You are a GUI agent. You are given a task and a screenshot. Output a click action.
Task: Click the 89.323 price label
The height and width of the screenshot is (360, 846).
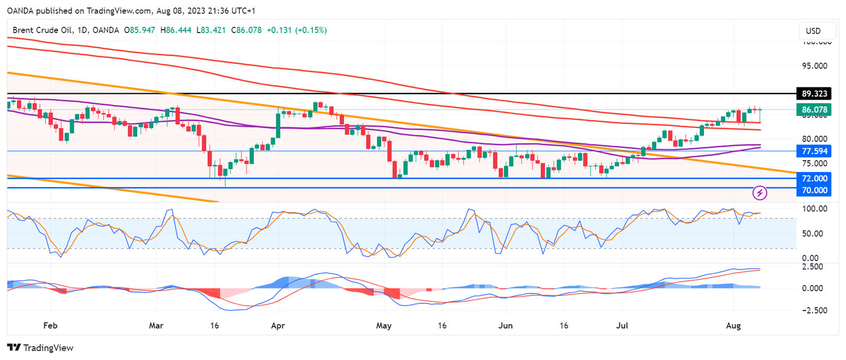(814, 94)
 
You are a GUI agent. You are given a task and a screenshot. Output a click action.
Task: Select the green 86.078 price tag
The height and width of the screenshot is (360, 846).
(814, 110)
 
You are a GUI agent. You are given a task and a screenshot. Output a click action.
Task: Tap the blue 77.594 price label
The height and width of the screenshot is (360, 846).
(814, 151)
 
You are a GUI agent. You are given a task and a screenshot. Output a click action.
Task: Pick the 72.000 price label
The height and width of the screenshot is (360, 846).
(814, 179)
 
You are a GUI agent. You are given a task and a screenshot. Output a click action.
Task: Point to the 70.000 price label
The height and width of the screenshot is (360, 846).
(814, 190)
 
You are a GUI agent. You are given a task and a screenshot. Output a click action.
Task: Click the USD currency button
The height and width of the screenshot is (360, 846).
(813, 31)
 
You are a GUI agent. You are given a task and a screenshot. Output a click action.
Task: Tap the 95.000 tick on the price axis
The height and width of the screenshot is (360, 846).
(813, 65)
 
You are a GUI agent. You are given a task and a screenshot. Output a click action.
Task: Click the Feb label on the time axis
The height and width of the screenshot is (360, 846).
(50, 326)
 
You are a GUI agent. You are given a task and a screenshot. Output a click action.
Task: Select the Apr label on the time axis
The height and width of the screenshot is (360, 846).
(278, 326)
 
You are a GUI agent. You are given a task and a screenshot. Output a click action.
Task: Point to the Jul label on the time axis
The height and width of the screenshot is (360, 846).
(623, 326)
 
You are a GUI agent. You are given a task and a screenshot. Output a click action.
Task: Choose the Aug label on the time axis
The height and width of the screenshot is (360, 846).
(733, 326)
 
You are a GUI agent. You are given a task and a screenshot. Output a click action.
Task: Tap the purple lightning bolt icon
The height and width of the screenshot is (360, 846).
(760, 193)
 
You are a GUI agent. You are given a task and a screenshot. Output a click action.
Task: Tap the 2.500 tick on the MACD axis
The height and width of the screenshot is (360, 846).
(813, 266)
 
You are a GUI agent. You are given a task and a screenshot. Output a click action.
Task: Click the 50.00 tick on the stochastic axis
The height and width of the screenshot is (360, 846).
(813, 234)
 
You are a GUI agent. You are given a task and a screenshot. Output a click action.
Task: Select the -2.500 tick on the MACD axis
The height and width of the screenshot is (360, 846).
(812, 310)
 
